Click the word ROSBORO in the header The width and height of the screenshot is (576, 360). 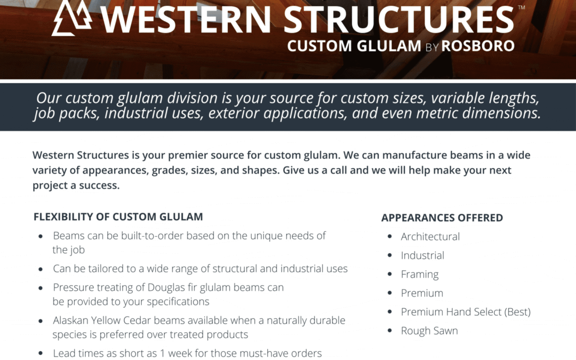[478, 46]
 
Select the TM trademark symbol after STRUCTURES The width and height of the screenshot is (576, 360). [521, 7]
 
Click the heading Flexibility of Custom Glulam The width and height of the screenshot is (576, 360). [118, 217]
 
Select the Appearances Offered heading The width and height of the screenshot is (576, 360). [442, 218]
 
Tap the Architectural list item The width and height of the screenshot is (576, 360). [430, 236]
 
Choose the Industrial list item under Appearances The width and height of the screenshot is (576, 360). [422, 255]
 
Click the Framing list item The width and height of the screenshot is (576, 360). [420, 274]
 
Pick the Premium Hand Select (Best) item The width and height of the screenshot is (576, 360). [466, 312]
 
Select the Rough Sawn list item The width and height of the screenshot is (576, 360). [429, 331]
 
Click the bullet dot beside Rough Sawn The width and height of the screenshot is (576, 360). [389, 331]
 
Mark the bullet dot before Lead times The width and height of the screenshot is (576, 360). [41, 354]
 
